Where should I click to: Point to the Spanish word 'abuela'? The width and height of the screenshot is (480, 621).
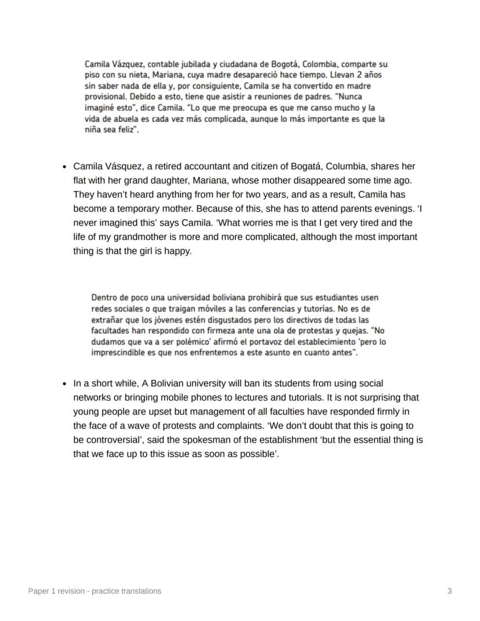(x=116, y=119)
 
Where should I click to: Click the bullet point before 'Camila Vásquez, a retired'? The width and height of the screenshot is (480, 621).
(x=64, y=166)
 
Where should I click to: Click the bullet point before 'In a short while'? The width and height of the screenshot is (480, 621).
(x=64, y=384)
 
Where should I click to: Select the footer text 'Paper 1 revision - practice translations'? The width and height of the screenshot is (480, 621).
(x=95, y=591)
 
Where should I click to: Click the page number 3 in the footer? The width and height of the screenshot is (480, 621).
(x=449, y=591)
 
